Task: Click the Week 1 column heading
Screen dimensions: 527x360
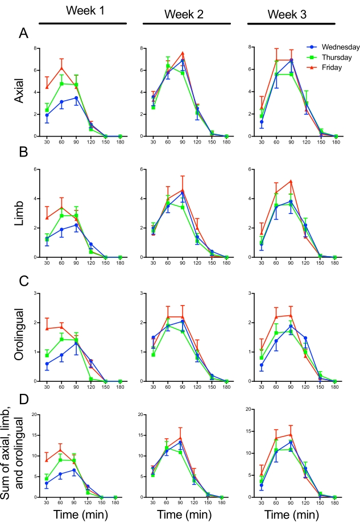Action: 83,11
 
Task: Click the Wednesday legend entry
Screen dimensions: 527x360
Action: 333,49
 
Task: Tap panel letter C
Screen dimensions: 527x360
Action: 23,280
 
